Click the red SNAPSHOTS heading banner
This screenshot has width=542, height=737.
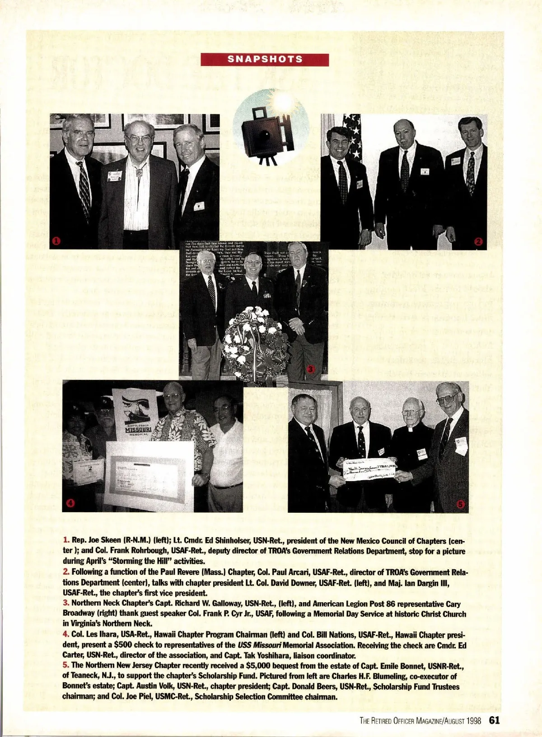pyautogui.click(x=265, y=59)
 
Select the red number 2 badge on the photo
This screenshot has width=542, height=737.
pyautogui.click(x=479, y=241)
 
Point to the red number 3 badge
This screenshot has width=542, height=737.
pyautogui.click(x=310, y=369)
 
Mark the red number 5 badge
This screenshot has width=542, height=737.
pyautogui.click(x=461, y=504)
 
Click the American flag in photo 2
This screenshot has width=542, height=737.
pyautogui.click(x=352, y=135)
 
